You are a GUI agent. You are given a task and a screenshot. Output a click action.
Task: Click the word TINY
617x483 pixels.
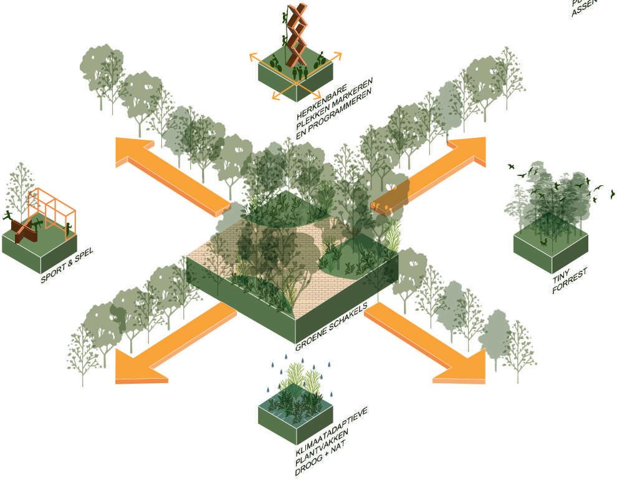(560, 275)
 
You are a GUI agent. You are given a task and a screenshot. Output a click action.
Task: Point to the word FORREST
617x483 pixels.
(570, 281)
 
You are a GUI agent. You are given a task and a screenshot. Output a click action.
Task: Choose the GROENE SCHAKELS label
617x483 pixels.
(331, 325)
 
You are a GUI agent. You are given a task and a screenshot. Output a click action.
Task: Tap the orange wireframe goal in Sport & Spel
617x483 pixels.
(52, 209)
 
